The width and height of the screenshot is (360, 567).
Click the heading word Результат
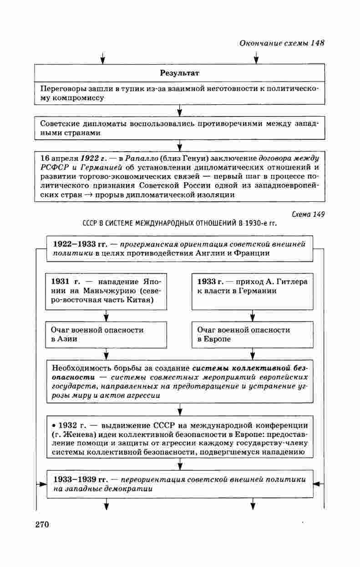click(180, 73)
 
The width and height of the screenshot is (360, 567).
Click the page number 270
click(41, 524)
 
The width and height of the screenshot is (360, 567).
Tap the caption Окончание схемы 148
click(281, 43)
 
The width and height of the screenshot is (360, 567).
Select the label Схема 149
click(308, 215)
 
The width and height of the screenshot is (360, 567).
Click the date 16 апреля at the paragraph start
click(59, 158)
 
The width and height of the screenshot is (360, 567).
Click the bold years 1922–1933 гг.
click(79, 244)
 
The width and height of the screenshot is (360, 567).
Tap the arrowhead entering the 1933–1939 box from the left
click(41, 484)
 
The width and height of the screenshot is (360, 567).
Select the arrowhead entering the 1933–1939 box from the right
click(318, 484)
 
